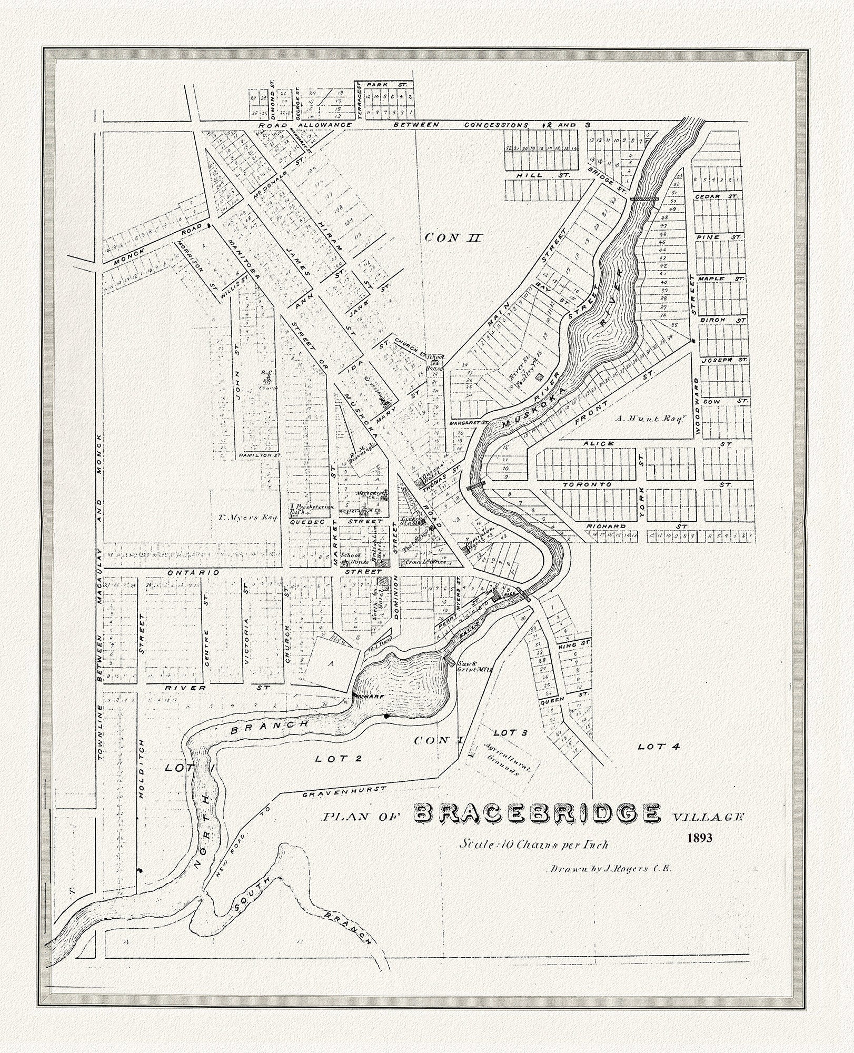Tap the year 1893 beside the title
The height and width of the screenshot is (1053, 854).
tap(699, 851)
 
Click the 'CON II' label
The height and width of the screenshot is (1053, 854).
tap(453, 237)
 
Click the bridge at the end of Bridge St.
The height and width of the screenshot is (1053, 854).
tap(644, 199)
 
